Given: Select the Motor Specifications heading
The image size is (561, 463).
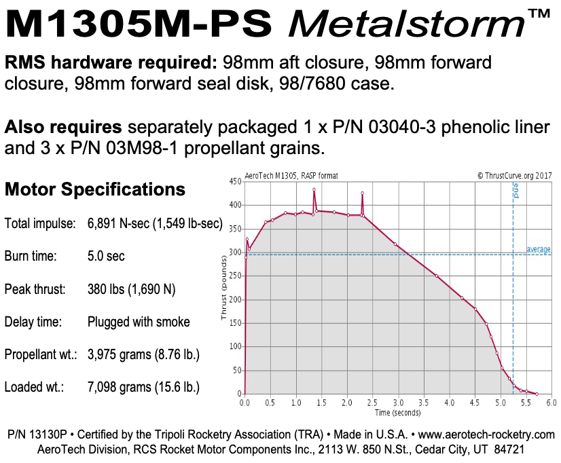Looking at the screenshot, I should pyautogui.click(x=95, y=189).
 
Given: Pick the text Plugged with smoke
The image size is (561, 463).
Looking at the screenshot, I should pyautogui.click(x=139, y=322).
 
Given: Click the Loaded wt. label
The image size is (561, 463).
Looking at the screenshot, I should pyautogui.click(x=34, y=387).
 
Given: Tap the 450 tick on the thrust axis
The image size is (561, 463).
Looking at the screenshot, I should pyautogui.click(x=236, y=181).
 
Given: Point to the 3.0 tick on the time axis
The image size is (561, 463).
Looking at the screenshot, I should pyautogui.click(x=398, y=402).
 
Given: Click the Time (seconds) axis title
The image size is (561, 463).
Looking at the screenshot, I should pyautogui.click(x=397, y=412).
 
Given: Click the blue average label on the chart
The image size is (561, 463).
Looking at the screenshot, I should pyautogui.click(x=539, y=250).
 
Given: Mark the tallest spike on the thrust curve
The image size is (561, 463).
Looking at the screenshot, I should pyautogui.click(x=314, y=189).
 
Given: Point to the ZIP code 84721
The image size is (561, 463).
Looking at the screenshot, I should pyautogui.click(x=507, y=449).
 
